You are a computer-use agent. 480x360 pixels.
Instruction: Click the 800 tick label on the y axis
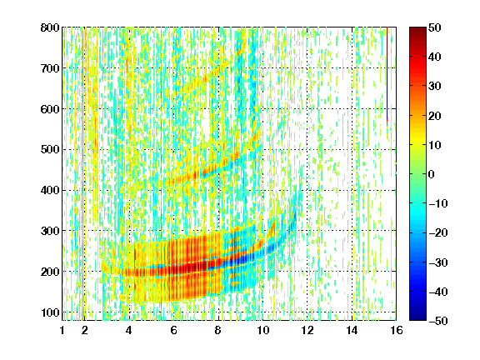50,27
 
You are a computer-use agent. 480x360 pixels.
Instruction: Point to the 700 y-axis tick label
50,68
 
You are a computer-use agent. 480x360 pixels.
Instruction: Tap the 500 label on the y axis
50,150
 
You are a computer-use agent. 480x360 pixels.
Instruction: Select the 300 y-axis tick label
50,231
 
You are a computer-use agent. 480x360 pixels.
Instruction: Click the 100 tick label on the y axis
50,312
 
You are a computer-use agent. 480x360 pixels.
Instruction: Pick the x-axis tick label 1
62,330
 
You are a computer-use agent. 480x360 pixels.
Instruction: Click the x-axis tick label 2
85,330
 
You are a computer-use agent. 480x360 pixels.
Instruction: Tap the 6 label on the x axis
174,330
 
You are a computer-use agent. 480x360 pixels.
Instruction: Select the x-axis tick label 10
262,330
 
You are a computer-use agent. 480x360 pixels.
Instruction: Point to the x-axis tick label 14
352,330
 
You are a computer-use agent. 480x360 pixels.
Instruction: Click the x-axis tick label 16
397,330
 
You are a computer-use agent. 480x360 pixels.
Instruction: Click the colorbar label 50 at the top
435,27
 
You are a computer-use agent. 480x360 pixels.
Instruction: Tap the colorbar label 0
432,174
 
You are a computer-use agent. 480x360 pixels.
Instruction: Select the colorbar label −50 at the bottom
438,321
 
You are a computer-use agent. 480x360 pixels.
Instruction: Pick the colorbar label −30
438,262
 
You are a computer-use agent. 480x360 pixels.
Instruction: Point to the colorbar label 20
435,116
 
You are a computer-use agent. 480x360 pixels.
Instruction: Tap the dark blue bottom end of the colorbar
417,318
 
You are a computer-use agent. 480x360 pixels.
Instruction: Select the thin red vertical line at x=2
83,174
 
